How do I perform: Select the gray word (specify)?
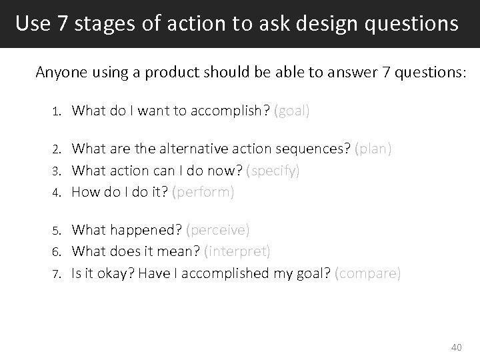pos(273,171)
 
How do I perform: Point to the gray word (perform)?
pos(203,192)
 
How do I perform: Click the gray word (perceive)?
pos(218,230)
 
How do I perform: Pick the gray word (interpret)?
pos(237,251)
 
